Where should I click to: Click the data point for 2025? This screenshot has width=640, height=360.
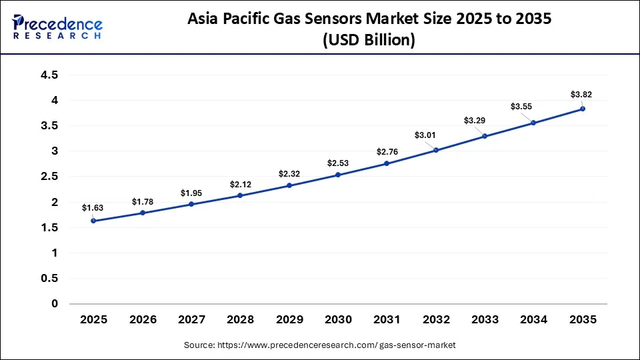point(93,221)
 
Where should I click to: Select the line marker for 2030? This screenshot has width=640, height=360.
point(338,175)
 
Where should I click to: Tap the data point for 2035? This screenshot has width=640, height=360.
point(583,109)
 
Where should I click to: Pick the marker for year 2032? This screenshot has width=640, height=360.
point(436,150)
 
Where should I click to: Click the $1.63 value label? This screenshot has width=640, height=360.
point(93,207)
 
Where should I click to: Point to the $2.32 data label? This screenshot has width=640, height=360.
point(289,173)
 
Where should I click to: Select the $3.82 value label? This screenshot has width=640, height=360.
point(581,94)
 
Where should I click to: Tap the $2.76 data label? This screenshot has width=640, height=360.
point(387,151)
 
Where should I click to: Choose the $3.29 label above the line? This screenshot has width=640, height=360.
point(475,121)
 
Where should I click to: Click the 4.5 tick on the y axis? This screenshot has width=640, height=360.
point(49,75)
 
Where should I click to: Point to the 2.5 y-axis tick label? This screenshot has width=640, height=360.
point(49,177)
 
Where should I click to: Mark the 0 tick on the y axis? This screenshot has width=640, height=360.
point(55,304)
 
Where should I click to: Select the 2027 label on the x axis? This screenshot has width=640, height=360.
point(191,320)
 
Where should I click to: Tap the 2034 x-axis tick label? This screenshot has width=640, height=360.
point(533,320)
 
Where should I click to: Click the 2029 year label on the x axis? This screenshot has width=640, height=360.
point(289,320)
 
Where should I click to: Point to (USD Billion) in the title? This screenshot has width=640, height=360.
point(368,40)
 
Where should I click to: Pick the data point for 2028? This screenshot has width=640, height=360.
point(240,195)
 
